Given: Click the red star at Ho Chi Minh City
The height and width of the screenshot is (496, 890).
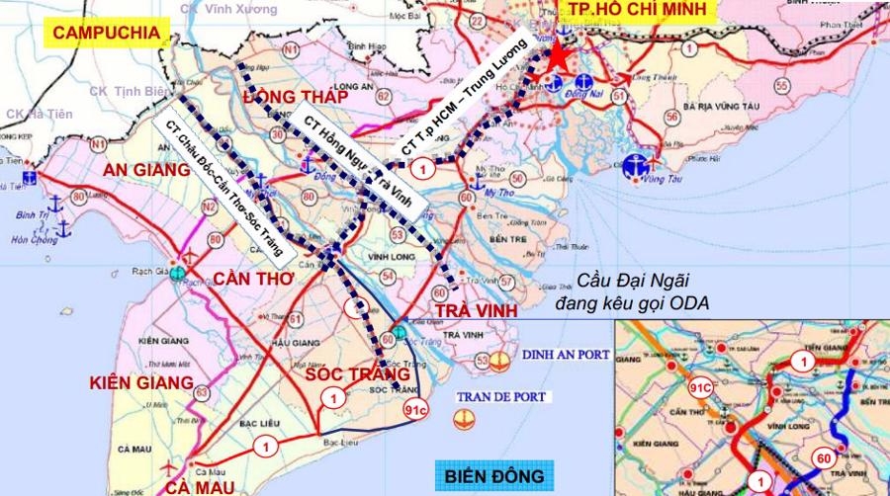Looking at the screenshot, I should coord(559,56).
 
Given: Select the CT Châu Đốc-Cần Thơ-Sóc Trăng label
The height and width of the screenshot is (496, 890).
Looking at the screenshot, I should coord(224,181).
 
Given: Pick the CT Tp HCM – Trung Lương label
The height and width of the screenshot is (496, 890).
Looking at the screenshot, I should coord(464,106).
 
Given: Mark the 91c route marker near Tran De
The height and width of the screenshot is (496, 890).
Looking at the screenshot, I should coord(416,409).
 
